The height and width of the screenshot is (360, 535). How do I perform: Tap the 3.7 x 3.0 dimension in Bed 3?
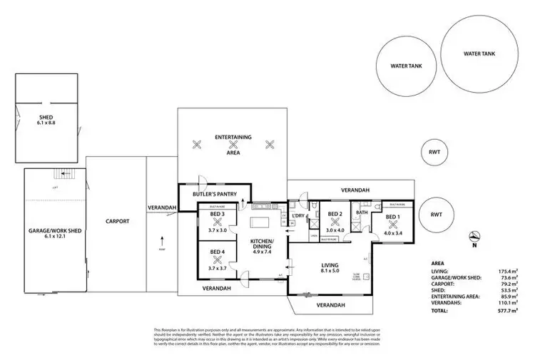(x=218, y=230)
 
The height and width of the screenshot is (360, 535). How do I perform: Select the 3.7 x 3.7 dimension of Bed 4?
(x=218, y=268)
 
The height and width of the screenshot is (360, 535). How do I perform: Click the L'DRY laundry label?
(x=300, y=215)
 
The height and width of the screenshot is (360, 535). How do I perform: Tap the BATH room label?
(x=361, y=212)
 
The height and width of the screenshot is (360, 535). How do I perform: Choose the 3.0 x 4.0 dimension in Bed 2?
(x=335, y=230)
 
